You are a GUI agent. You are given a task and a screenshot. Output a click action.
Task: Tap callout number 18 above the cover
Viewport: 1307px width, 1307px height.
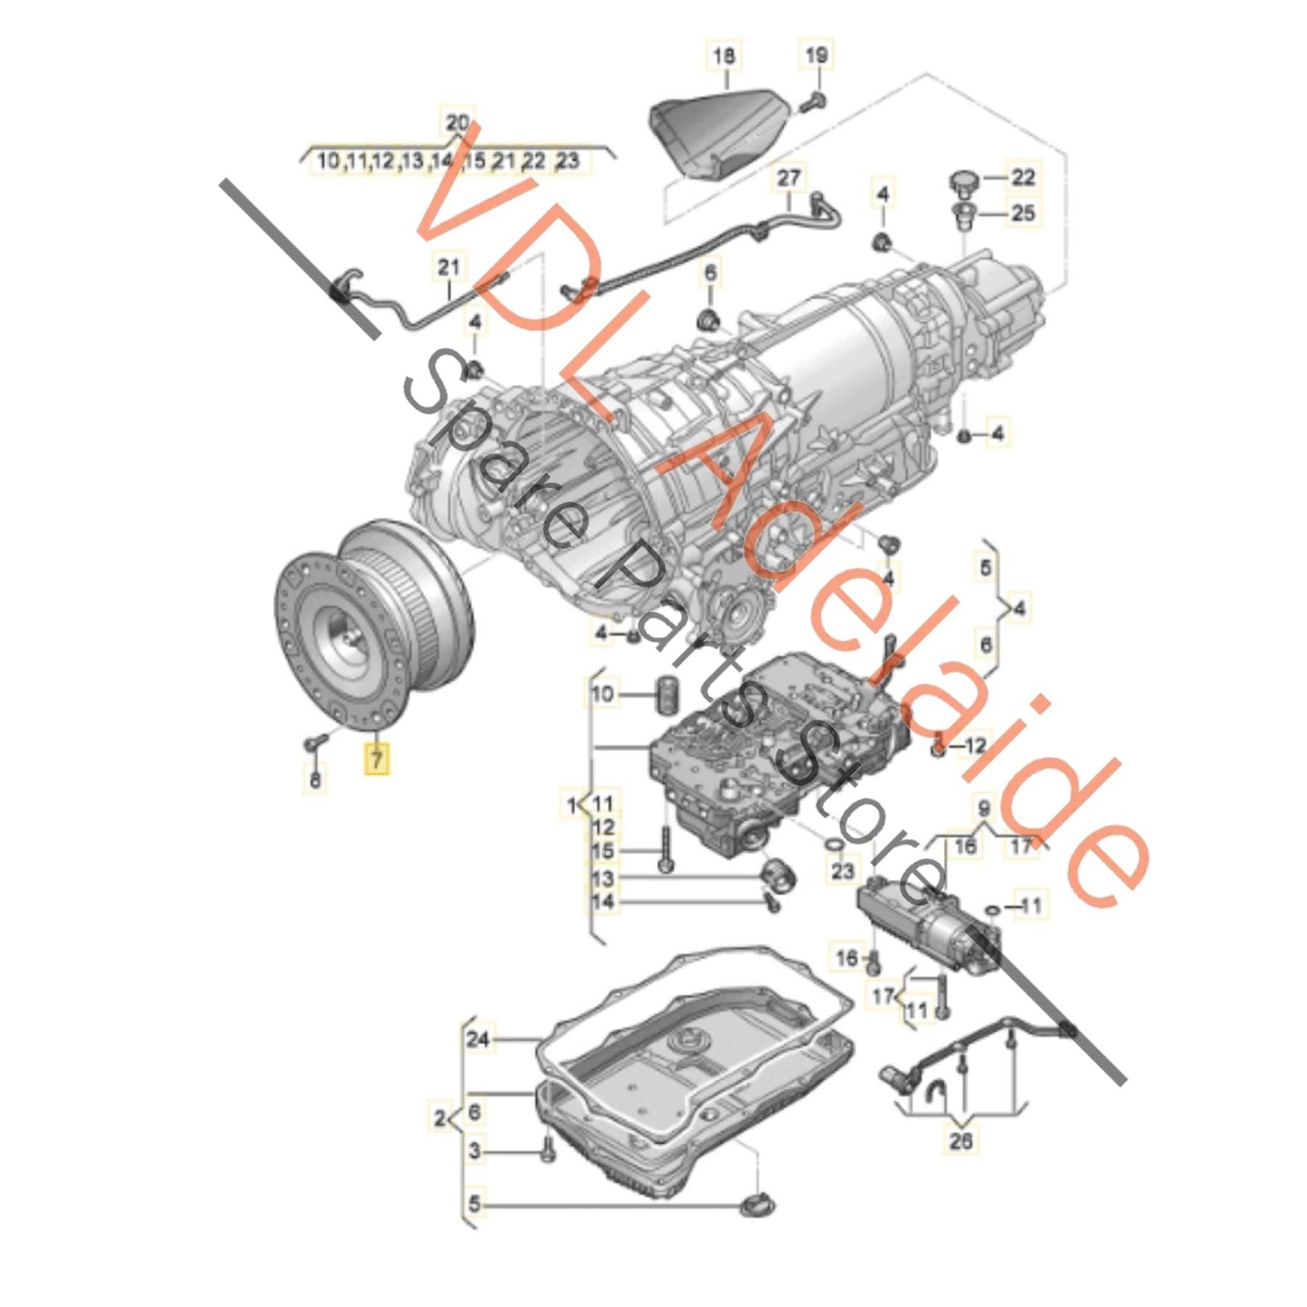point(724,56)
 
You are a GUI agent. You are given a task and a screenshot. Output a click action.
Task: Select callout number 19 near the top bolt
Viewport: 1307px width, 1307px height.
point(816,54)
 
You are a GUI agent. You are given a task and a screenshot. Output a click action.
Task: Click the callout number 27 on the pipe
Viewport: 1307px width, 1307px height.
point(789,178)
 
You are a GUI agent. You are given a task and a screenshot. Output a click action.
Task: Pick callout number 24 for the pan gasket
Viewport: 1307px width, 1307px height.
point(478,1040)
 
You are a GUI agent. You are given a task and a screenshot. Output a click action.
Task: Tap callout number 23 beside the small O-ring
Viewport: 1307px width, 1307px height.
point(842,871)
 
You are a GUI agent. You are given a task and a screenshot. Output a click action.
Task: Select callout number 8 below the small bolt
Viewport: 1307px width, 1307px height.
point(315,781)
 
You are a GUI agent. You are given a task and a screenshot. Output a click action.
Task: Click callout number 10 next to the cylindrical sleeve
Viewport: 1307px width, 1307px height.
point(603,693)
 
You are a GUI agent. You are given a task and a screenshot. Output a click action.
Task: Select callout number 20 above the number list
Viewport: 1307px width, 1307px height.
point(457,123)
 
